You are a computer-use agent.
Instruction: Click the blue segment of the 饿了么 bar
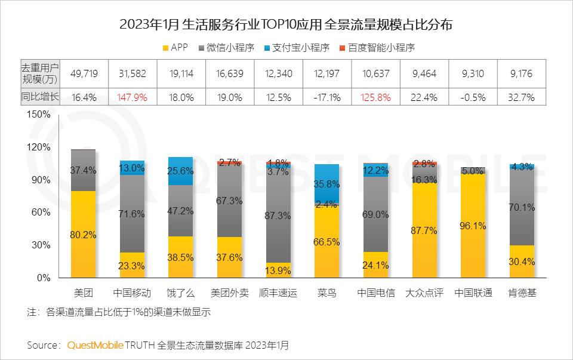click(x=180, y=171)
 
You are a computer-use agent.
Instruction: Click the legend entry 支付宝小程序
click(x=296, y=47)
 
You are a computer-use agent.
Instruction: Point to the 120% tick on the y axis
click(x=39, y=147)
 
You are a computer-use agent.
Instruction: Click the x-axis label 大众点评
click(x=425, y=293)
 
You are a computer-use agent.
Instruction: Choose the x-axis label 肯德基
click(x=522, y=293)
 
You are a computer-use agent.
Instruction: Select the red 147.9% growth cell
click(x=132, y=97)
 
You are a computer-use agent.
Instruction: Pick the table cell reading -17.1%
click(x=327, y=97)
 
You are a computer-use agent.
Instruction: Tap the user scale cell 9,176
click(x=522, y=73)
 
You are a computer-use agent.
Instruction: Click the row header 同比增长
click(x=40, y=96)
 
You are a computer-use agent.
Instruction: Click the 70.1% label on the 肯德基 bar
click(x=522, y=207)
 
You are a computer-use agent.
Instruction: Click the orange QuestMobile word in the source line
click(x=95, y=345)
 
